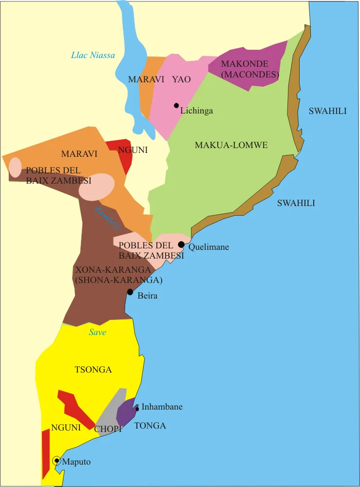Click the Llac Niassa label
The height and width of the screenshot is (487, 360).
[93, 55]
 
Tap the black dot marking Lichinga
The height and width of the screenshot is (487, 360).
[176, 105]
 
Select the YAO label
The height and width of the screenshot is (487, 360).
[181, 79]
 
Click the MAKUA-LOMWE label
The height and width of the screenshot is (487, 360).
[231, 145]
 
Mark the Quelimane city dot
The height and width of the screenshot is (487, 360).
[181, 244]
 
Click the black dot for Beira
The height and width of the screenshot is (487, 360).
[130, 292]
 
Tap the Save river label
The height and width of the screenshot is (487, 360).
[97, 332]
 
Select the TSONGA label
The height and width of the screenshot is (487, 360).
[93, 370]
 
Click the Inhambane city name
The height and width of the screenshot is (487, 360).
[162, 407]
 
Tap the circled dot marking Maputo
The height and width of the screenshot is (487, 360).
[57, 461]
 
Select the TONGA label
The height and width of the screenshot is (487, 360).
[150, 426]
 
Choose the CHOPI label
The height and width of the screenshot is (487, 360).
[108, 429]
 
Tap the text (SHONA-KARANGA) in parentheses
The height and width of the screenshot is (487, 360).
[118, 281]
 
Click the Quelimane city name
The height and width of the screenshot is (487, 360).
[208, 247]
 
